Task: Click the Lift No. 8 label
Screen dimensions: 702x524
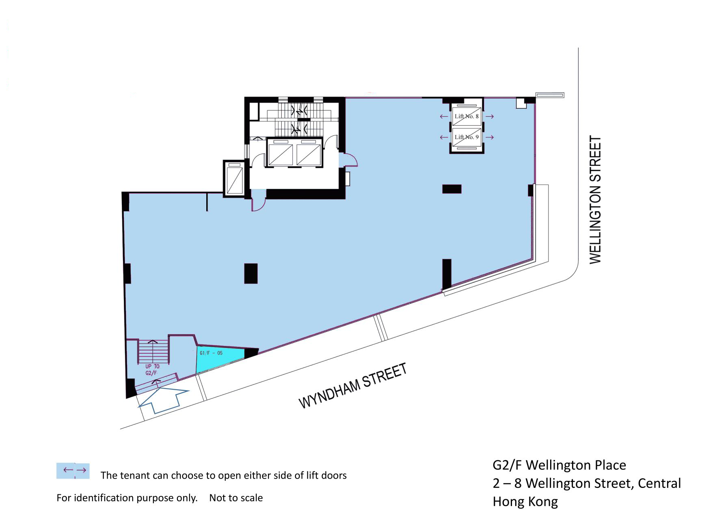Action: [467, 116]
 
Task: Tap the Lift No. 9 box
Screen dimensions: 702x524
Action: [467, 137]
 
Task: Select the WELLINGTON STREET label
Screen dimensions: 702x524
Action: [595, 200]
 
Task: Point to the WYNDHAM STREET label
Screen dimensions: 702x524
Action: [353, 386]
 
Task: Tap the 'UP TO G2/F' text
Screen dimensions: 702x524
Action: [152, 369]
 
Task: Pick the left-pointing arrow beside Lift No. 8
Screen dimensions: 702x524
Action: [444, 117]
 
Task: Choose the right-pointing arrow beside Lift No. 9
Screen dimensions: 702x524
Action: [490, 137]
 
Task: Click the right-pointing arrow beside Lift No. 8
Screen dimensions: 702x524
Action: [490, 117]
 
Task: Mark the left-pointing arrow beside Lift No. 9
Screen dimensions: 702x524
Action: [444, 137]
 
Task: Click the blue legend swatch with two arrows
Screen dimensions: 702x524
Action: [73, 471]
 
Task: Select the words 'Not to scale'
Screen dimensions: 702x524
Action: [236, 498]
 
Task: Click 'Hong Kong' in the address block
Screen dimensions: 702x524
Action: [525, 502]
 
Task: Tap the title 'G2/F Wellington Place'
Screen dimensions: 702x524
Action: [559, 465]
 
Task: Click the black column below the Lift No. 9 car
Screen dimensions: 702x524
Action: [452, 189]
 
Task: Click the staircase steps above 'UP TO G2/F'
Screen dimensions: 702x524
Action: [153, 351]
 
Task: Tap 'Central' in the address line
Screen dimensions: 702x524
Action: [659, 483]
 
